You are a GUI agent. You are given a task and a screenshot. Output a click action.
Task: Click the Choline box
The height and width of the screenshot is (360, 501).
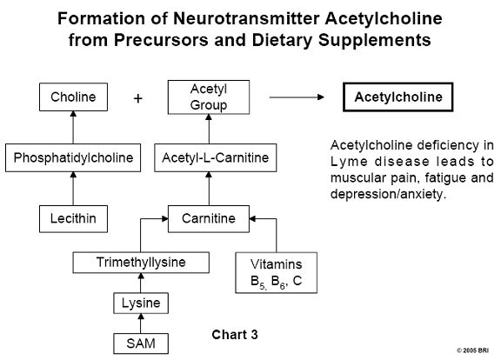[x=73, y=97]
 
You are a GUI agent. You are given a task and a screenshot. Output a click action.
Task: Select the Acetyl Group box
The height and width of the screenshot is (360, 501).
[x=209, y=97]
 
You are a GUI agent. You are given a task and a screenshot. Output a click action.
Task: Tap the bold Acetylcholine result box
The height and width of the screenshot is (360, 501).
[x=398, y=97]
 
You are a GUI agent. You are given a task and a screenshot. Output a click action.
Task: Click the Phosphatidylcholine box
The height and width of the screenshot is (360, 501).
[x=73, y=157]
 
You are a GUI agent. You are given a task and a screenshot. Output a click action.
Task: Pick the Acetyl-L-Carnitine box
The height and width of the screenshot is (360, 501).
[x=216, y=157]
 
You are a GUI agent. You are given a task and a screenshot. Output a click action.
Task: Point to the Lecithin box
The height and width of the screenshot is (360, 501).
[x=73, y=219]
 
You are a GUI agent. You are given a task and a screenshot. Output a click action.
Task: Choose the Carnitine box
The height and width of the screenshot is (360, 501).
[x=209, y=219]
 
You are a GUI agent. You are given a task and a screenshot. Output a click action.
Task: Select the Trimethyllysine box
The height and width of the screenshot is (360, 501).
[x=141, y=263]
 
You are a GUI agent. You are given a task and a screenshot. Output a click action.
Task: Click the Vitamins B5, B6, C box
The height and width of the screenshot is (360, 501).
[x=277, y=273]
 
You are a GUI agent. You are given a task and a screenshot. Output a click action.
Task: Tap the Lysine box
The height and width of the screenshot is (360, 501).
[x=141, y=303]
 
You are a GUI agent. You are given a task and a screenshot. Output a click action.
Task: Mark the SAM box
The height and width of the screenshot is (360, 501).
[x=141, y=343]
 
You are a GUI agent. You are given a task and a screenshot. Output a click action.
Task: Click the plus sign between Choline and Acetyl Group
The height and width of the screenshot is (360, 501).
[x=137, y=98]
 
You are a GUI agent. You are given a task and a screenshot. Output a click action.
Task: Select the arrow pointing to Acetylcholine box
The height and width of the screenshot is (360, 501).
[x=297, y=97]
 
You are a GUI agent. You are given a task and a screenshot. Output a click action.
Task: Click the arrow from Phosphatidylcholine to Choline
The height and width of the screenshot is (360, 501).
[x=73, y=128]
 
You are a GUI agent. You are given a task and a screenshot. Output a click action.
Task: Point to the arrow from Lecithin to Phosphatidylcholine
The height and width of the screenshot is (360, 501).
[x=73, y=189]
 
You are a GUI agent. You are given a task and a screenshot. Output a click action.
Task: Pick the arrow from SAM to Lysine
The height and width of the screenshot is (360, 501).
[x=141, y=323]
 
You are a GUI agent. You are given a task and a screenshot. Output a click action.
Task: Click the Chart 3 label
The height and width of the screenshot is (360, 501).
[x=235, y=335]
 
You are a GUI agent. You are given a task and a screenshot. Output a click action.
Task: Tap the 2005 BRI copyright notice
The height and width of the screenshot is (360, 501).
[x=473, y=350]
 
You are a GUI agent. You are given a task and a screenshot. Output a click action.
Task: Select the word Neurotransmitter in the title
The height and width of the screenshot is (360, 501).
[x=246, y=18]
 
